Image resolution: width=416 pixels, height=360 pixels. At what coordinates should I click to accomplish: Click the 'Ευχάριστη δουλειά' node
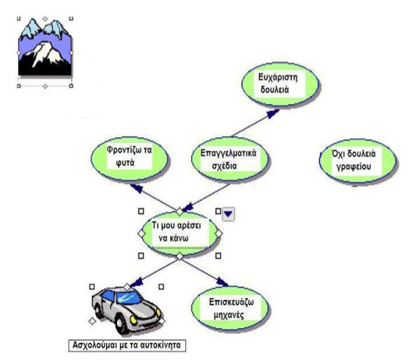[280, 84]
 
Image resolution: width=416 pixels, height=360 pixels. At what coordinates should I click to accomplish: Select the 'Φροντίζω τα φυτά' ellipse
[130, 159]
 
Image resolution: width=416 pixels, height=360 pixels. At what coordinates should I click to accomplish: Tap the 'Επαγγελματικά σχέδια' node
[229, 159]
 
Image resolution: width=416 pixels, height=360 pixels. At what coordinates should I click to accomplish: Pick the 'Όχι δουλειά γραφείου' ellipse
[357, 161]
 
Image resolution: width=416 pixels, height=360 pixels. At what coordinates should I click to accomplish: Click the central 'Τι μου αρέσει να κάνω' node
[180, 233]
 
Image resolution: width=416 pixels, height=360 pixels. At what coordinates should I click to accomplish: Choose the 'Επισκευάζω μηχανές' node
[229, 308]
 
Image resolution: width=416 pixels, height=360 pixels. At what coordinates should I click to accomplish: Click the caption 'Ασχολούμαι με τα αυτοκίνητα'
[126, 345]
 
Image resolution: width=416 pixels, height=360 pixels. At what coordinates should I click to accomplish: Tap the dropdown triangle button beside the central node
[228, 214]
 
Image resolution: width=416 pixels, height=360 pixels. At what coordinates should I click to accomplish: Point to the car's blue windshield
[129, 298]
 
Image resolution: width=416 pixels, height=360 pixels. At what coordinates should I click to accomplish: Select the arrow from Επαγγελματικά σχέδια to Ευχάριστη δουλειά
[255, 123]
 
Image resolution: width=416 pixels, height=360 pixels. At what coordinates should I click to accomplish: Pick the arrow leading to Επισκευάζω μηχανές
[204, 273]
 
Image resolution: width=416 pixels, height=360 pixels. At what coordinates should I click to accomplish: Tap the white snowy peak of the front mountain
[45, 52]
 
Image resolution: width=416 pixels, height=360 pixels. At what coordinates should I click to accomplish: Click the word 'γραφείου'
[354, 166]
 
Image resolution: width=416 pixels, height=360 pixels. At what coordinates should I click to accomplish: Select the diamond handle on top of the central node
[180, 212]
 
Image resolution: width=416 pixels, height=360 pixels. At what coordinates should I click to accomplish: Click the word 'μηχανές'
[229, 315]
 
